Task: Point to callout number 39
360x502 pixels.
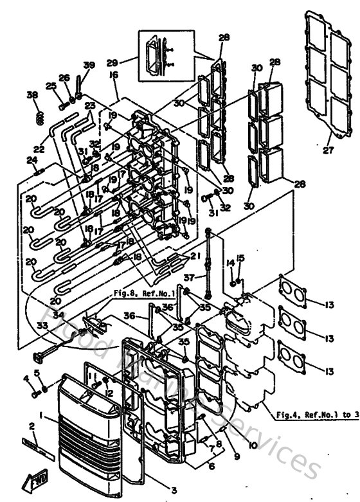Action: pyautogui.click(x=89, y=66)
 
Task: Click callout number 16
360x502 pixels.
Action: pyautogui.click(x=114, y=76)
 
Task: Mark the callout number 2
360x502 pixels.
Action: pyautogui.click(x=31, y=426)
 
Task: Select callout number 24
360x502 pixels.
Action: pyautogui.click(x=32, y=161)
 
